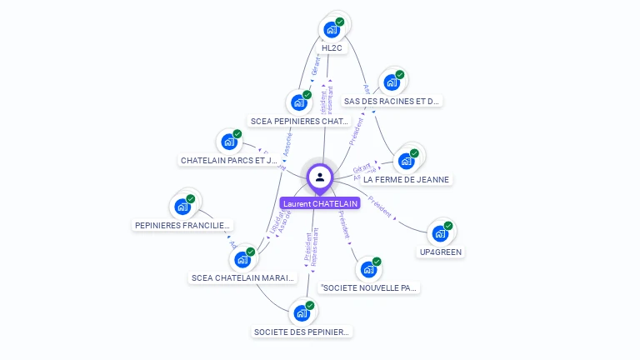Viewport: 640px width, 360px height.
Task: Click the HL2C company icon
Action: tap(332, 30)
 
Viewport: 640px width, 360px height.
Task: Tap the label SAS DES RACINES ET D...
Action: tap(391, 101)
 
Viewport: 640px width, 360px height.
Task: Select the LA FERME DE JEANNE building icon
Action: tap(407, 162)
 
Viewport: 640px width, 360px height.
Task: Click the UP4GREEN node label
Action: tap(441, 252)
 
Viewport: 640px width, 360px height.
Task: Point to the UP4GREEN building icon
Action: tap(440, 233)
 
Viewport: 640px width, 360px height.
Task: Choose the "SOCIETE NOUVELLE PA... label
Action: tap(369, 287)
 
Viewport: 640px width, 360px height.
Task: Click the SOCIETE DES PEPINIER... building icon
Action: tap(302, 314)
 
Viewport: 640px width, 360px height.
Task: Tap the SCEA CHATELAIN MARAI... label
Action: tap(242, 277)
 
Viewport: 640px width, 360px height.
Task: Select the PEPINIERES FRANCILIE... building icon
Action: tap(182, 207)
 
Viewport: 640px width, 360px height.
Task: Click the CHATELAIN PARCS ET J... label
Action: tap(229, 160)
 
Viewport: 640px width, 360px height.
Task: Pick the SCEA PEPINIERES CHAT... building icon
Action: tap(298, 103)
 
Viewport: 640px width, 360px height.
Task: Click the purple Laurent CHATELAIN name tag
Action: tap(320, 203)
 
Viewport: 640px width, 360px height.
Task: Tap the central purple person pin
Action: tap(320, 177)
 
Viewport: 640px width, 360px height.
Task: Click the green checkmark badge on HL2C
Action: tap(340, 22)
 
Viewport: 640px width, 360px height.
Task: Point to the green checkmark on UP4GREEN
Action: tap(448, 226)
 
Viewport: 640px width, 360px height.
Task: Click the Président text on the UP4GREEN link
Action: tap(380, 207)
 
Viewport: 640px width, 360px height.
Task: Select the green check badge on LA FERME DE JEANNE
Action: tap(415, 153)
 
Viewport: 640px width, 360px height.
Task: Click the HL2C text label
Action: tap(332, 48)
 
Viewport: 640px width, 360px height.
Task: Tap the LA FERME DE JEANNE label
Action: tap(406, 179)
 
